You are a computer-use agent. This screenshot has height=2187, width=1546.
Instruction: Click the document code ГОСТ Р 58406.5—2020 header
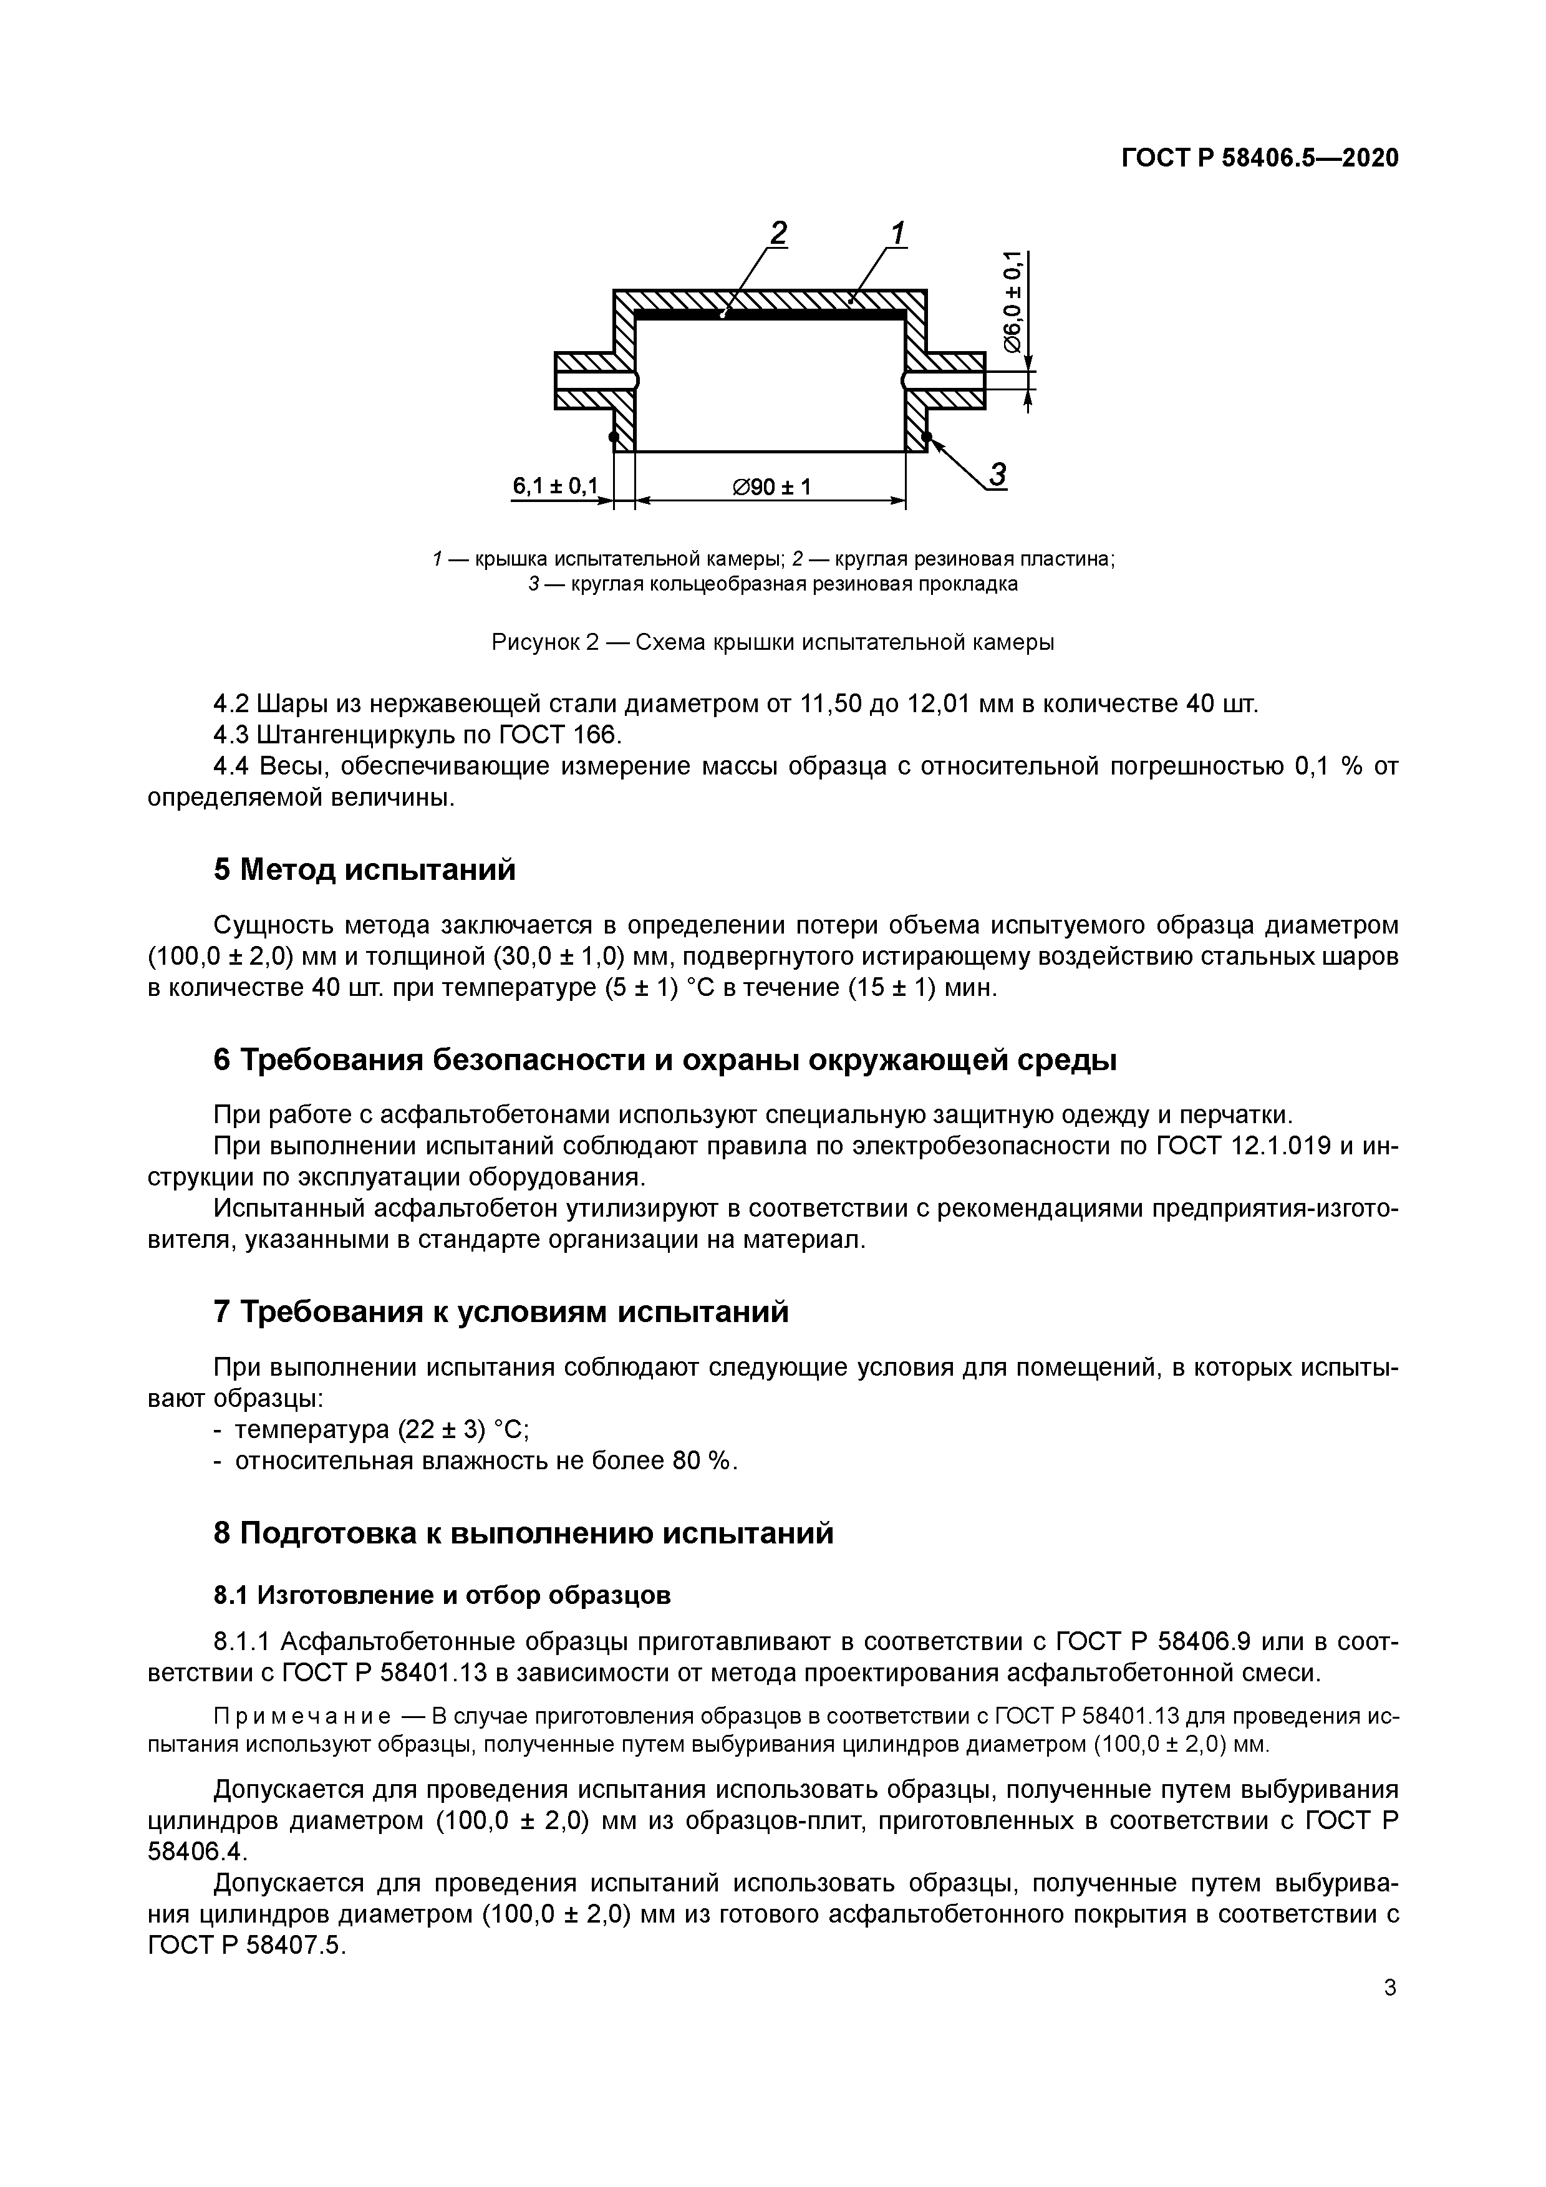pyautogui.click(x=1259, y=158)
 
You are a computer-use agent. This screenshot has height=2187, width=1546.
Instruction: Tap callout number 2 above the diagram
pyautogui.click(x=778, y=233)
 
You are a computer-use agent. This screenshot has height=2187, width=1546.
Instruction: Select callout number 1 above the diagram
pyautogui.click(x=897, y=233)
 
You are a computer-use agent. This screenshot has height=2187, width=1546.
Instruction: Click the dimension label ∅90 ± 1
pyautogui.click(x=771, y=487)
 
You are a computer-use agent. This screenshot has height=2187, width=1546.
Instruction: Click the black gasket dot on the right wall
pyautogui.click(x=926, y=437)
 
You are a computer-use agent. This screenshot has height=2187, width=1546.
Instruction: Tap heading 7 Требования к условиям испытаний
pyautogui.click(x=501, y=1311)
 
